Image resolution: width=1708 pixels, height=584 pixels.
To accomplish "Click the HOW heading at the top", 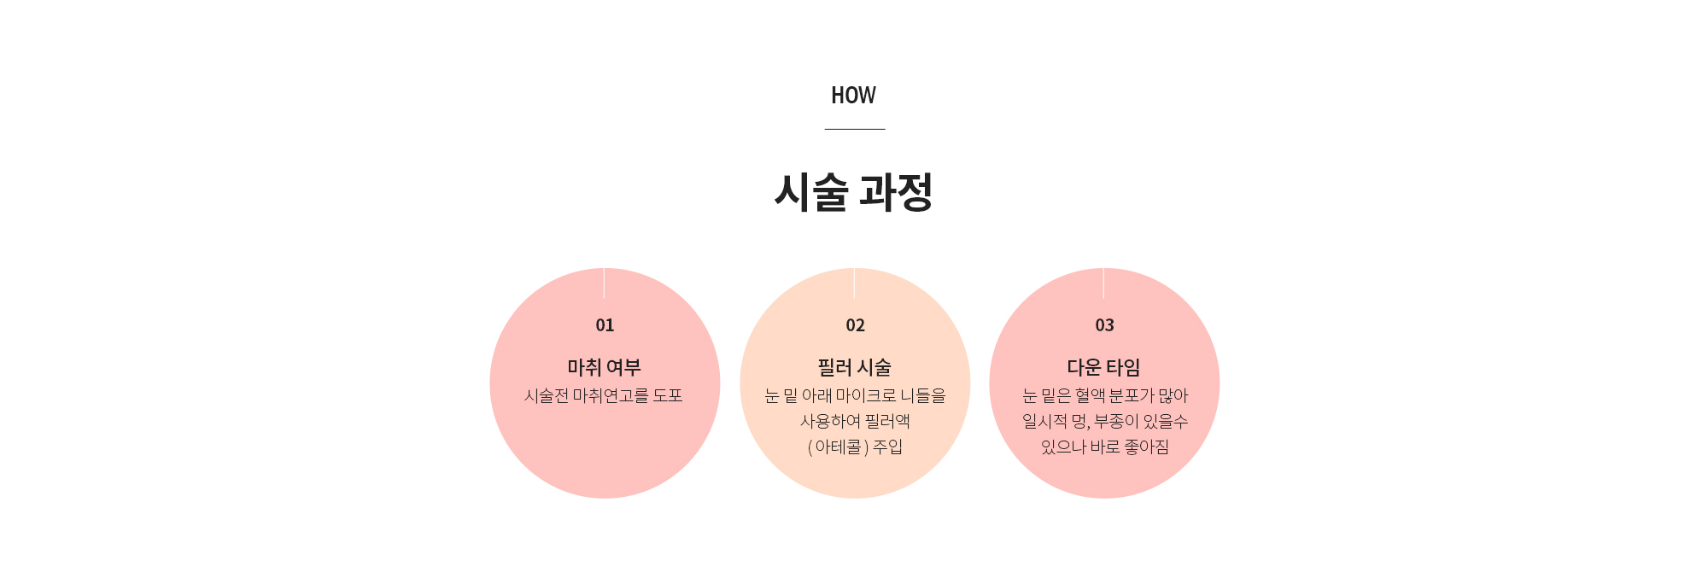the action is tap(853, 96).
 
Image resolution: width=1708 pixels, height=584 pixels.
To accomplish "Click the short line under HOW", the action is tap(854, 129).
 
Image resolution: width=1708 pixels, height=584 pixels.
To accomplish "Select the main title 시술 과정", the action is tap(853, 191).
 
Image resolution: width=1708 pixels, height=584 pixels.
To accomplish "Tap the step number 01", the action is tap(605, 325).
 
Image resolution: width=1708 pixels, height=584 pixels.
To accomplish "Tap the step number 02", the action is tap(855, 325).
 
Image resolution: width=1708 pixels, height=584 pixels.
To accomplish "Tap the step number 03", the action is tap(1104, 325).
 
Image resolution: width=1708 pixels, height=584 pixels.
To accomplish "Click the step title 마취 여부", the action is tap(604, 367).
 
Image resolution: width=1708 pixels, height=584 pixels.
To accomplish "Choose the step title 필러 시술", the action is tap(854, 367).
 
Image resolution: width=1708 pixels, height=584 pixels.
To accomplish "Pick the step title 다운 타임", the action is tap(1103, 367).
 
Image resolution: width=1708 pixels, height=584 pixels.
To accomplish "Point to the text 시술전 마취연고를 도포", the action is tap(603, 395).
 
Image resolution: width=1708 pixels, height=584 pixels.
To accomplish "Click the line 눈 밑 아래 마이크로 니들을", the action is tap(855, 395).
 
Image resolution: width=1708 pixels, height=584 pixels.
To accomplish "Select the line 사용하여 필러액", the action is tap(855, 421).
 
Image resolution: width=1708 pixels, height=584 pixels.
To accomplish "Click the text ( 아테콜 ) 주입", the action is tap(855, 447).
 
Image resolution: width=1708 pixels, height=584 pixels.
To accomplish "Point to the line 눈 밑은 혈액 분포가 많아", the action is tap(1105, 395).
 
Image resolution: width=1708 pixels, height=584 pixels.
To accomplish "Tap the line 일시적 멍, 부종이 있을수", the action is tap(1105, 421).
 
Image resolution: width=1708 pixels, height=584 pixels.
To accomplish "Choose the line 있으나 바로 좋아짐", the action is tap(1105, 447).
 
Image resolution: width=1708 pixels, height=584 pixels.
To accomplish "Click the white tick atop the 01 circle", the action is tap(604, 283).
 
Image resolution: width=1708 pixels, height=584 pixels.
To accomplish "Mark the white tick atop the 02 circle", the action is tap(854, 283).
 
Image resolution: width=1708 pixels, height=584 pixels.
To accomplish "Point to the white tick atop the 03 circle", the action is tap(1103, 283).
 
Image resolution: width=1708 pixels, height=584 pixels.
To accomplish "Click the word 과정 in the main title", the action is tap(896, 191).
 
